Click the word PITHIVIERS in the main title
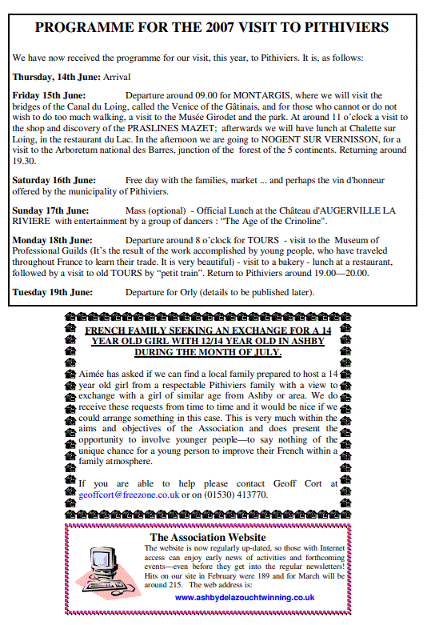click(345, 27)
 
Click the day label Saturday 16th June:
click(54, 180)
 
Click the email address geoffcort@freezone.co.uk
click(129, 495)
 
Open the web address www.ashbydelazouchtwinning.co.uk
click(244, 596)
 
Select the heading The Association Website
click(208, 537)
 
